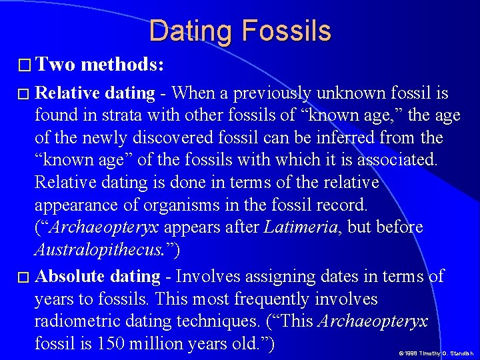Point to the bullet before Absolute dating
(x=23, y=277)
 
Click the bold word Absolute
(x=70, y=276)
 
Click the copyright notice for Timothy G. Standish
(x=436, y=353)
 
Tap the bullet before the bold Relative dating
(x=23, y=94)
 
